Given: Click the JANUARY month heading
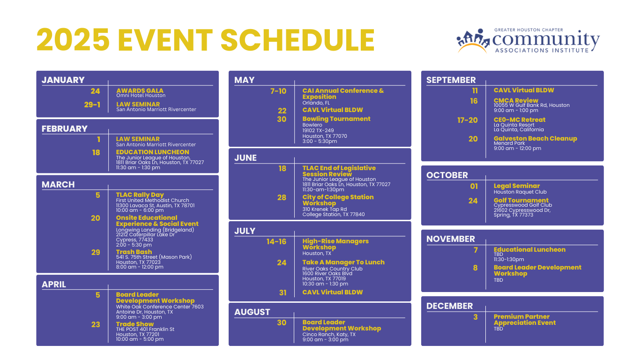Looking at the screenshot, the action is tap(63, 80).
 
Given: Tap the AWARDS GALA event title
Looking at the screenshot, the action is tap(140, 90).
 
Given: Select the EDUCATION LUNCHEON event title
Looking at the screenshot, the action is tap(152, 152).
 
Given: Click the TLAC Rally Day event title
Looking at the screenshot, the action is tap(140, 195).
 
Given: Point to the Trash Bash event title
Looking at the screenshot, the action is tap(134, 252).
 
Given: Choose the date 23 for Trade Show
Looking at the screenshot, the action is tap(96, 324).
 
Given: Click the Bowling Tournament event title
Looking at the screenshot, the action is tap(336, 119).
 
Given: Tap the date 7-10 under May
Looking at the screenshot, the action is tap(278, 91).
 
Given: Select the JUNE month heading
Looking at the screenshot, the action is tap(246, 158).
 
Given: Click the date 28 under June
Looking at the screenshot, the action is tap(282, 198).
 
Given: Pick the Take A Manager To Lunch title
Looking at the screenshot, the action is tap(343, 262).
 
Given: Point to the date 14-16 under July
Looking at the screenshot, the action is tap(276, 241).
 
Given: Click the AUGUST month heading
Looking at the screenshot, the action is tap(252, 312).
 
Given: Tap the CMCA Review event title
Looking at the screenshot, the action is tap(516, 100).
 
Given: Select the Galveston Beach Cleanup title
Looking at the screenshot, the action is tap(536, 138).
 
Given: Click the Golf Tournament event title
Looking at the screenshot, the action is tap(521, 200).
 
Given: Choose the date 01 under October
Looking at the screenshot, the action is tap(474, 187).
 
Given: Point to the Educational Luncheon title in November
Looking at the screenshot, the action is tap(529, 250).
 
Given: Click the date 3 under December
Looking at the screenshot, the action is tap(476, 317).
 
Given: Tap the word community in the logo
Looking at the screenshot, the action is tap(546, 39).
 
